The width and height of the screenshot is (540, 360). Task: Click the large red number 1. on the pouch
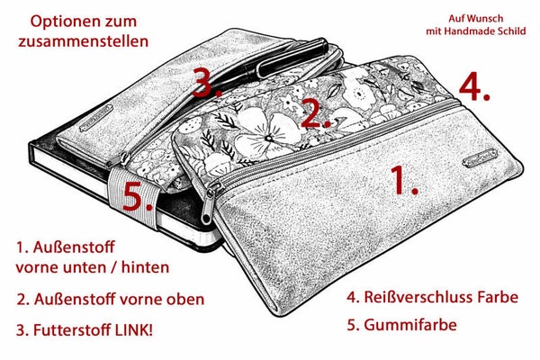(x=404, y=180)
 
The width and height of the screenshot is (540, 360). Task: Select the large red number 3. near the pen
(x=207, y=82)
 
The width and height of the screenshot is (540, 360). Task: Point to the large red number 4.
(x=474, y=87)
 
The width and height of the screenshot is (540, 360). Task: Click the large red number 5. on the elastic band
(x=138, y=196)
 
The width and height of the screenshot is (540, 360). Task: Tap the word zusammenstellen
(x=84, y=41)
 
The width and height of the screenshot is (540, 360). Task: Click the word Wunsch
(x=486, y=18)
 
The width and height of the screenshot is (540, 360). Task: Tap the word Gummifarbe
(x=410, y=325)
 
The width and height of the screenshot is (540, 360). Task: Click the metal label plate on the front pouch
(x=480, y=157)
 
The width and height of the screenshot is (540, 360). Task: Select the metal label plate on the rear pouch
(x=97, y=118)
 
